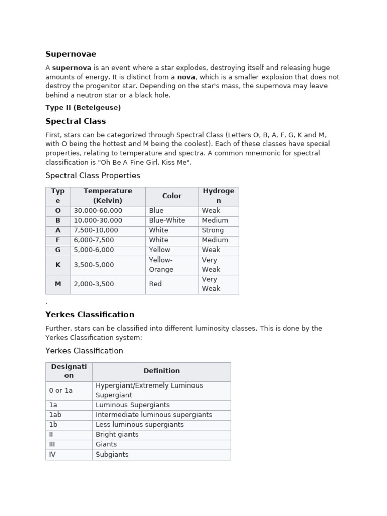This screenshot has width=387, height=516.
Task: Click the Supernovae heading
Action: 71,54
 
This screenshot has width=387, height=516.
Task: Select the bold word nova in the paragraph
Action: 186,77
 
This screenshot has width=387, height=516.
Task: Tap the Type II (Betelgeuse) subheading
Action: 83,108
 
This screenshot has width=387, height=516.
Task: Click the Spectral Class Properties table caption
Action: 93,176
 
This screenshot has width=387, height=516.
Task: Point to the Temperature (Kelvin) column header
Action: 108,196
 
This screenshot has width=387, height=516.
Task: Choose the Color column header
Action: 172,196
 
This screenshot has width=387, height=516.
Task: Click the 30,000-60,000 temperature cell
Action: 98,211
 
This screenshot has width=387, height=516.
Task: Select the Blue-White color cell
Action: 167,220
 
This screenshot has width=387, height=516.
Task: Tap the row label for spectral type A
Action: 58,230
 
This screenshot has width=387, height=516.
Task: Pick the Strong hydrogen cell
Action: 213,230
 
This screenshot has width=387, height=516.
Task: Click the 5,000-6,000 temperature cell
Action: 94,250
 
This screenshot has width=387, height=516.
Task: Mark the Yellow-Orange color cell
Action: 161,265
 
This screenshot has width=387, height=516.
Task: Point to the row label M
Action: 58,284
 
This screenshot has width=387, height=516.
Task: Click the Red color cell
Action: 155,284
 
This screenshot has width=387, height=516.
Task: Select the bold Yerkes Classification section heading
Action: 90,315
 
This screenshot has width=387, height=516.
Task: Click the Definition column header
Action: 161,371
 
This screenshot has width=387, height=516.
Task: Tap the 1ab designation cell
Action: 55,415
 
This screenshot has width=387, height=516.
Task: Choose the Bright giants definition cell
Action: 117,434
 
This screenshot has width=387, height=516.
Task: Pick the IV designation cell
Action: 52,454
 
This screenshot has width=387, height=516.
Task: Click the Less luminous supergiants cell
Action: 140,425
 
